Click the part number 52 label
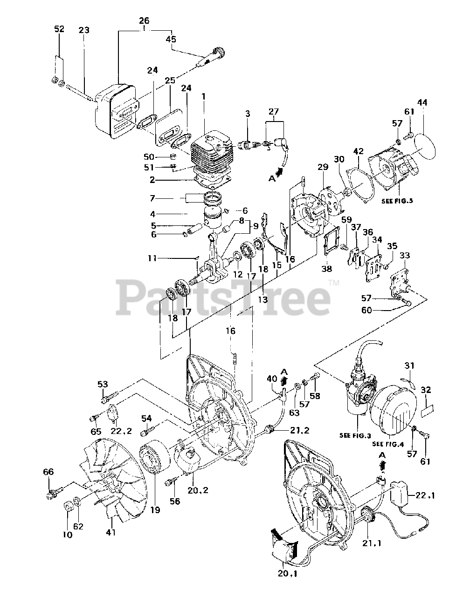(x=59, y=29)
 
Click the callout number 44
(x=422, y=102)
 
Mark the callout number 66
(x=48, y=472)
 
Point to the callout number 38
(x=326, y=269)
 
